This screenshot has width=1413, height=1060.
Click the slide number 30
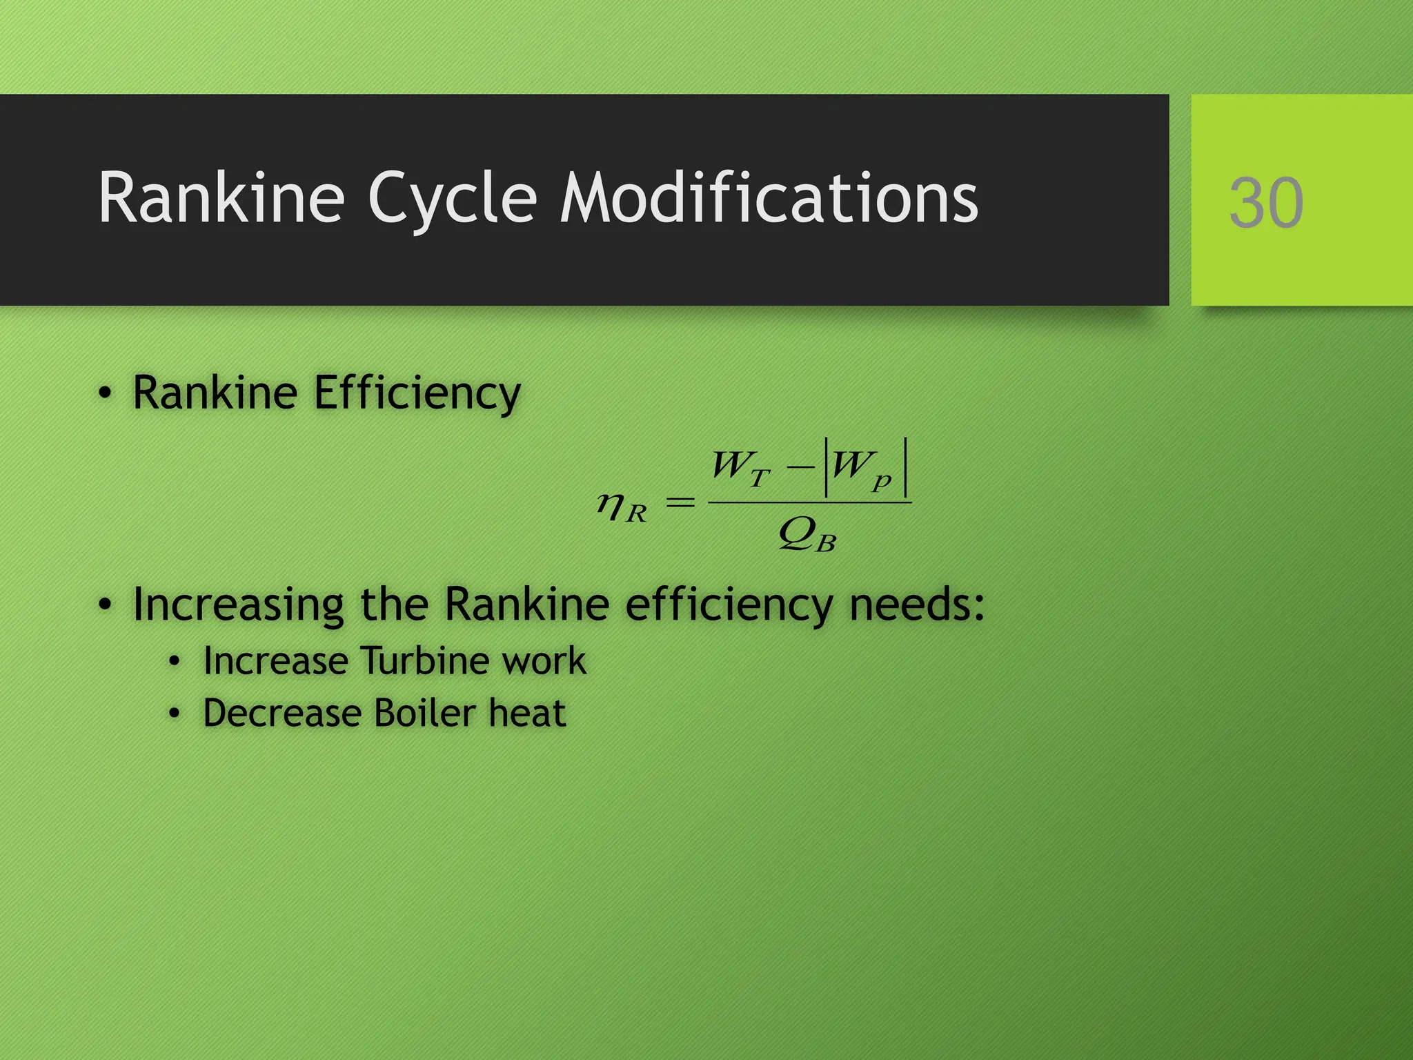(1266, 203)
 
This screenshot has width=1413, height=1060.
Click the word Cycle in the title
(452, 199)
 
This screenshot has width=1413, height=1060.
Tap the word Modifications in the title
(769, 199)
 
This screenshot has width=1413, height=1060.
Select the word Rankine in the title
(221, 199)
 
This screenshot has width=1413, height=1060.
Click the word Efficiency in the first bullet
(417, 393)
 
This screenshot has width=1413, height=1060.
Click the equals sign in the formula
(680, 503)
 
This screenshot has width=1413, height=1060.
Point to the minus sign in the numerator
(800, 467)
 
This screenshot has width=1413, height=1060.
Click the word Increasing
(238, 605)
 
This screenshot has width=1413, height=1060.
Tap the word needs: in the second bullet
(916, 605)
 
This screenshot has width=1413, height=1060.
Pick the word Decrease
(281, 713)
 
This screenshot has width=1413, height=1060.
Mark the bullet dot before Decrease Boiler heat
(175, 714)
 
